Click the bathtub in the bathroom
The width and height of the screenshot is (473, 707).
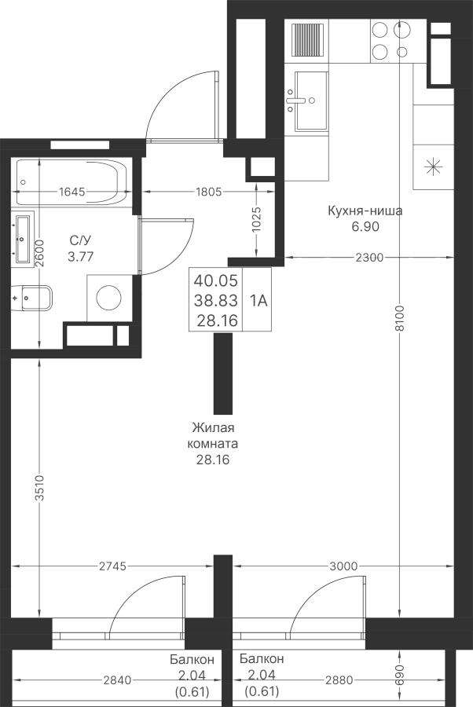[72, 183]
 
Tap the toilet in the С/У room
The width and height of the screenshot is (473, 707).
[32, 298]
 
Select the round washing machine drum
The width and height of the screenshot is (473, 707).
[109, 298]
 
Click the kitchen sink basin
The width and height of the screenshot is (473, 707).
[311, 101]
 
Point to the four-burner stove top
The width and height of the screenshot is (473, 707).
[391, 41]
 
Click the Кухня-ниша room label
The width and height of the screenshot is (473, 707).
[365, 211]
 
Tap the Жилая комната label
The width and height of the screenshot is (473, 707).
[213, 435]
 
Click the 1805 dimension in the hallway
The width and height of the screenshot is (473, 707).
[209, 192]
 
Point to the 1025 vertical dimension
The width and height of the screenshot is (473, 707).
[256, 220]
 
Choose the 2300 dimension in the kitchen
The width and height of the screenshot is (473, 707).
[369, 258]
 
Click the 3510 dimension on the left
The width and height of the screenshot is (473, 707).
[40, 489]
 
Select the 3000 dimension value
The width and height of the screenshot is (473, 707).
[343, 566]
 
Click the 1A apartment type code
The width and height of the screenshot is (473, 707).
[258, 300]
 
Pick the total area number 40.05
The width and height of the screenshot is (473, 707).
[215, 280]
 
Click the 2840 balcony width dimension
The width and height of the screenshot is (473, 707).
[117, 680]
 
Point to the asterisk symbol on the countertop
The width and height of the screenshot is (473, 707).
[433, 167]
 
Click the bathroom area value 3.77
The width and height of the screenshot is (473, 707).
[80, 257]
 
